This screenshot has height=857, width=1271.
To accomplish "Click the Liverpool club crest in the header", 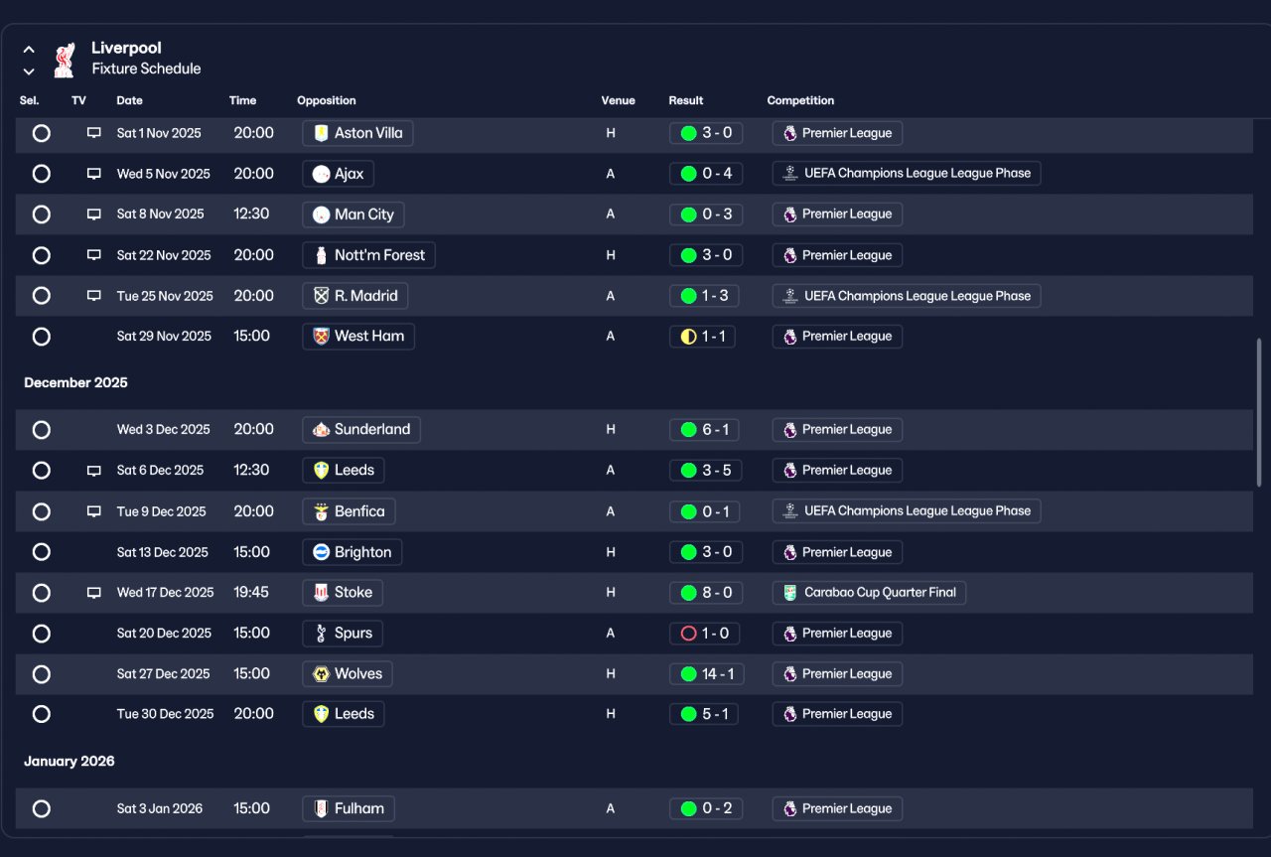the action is tap(65, 60).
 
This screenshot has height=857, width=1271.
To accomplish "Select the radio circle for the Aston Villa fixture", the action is tap(42, 133).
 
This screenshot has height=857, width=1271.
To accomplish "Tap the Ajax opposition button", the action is tap(339, 174).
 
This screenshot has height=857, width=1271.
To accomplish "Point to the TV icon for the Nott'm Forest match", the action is tap(94, 255).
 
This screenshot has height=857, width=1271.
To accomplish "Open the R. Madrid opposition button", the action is tap(355, 296).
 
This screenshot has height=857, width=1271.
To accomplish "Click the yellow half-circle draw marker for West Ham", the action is tap(688, 337).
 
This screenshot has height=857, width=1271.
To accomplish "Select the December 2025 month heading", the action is tap(76, 382).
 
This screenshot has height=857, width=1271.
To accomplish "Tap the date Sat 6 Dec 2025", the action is tap(160, 471).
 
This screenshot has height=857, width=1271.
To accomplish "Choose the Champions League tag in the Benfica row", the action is tap(907, 511).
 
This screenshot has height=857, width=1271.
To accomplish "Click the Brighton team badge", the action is tap(321, 552).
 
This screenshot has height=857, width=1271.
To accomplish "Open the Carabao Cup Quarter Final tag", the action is tap(869, 593).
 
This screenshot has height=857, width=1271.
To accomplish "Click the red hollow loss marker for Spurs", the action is tap(688, 634).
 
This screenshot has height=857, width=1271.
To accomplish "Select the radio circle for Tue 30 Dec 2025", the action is tap(42, 714).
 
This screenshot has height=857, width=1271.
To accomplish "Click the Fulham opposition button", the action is tap(349, 808).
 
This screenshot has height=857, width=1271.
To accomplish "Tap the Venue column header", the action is tap(618, 100).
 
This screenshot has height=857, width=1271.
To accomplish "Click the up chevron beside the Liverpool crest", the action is tap(29, 50).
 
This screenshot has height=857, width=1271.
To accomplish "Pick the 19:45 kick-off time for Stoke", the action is tap(251, 593).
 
